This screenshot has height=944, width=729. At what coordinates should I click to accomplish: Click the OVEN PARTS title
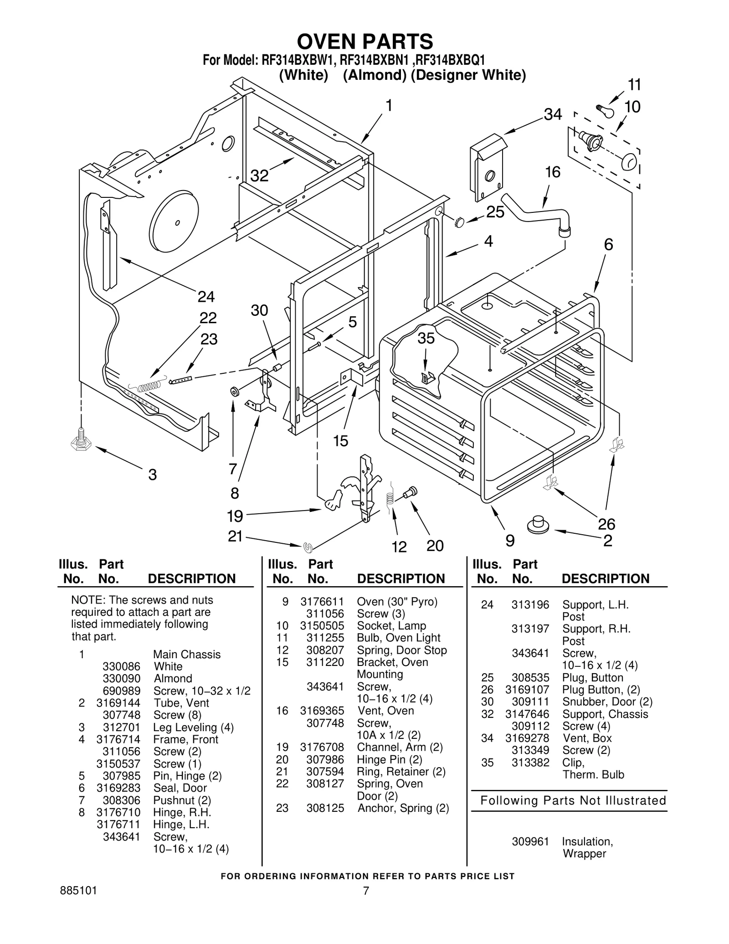click(x=365, y=42)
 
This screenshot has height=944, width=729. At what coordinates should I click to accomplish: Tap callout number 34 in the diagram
click(x=553, y=114)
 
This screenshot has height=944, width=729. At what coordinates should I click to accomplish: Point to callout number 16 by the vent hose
click(x=552, y=172)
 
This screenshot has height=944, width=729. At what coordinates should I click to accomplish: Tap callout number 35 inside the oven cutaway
click(x=426, y=339)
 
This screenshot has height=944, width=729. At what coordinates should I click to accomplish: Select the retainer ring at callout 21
click(x=308, y=546)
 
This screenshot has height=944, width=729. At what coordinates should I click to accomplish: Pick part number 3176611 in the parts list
click(x=322, y=602)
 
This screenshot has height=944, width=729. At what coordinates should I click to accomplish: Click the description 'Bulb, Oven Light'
click(x=398, y=638)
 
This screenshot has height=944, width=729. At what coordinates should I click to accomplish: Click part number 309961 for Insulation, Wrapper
click(x=530, y=841)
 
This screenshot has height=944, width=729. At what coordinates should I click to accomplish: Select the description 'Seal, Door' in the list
click(x=180, y=788)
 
